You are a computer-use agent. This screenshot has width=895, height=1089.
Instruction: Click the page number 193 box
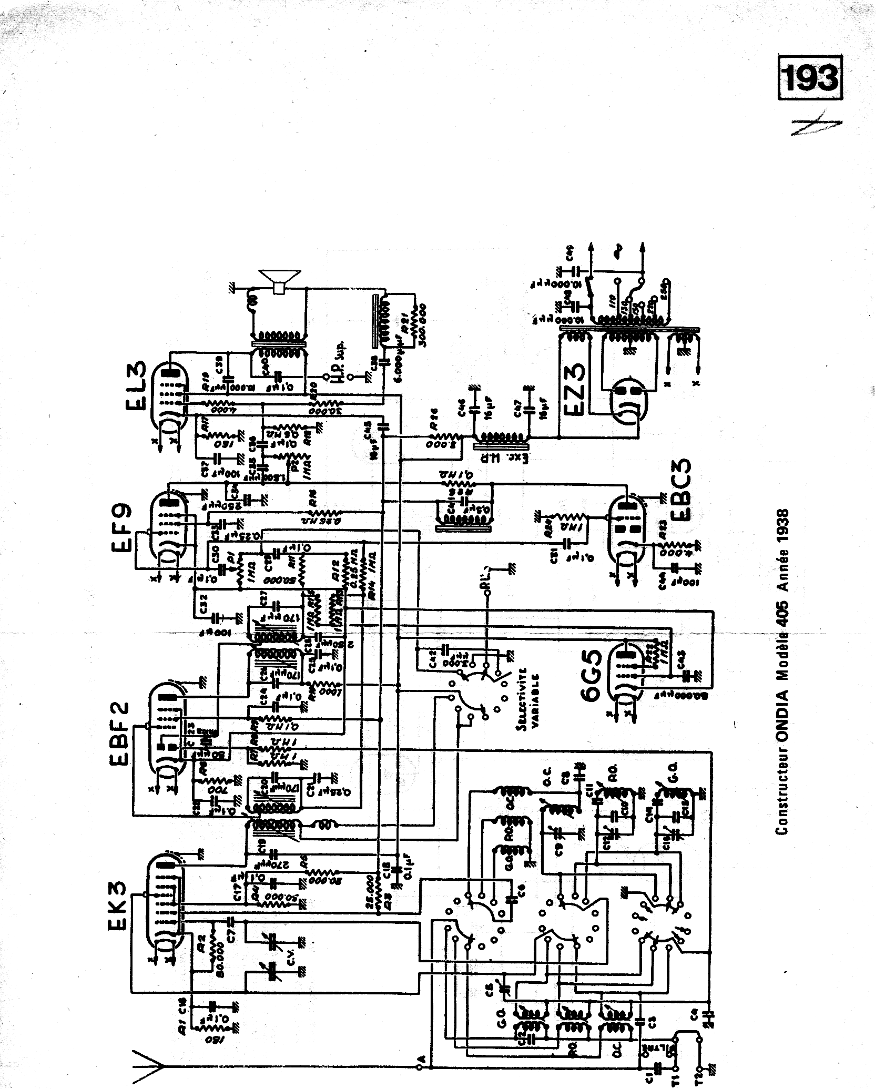(x=810, y=78)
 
